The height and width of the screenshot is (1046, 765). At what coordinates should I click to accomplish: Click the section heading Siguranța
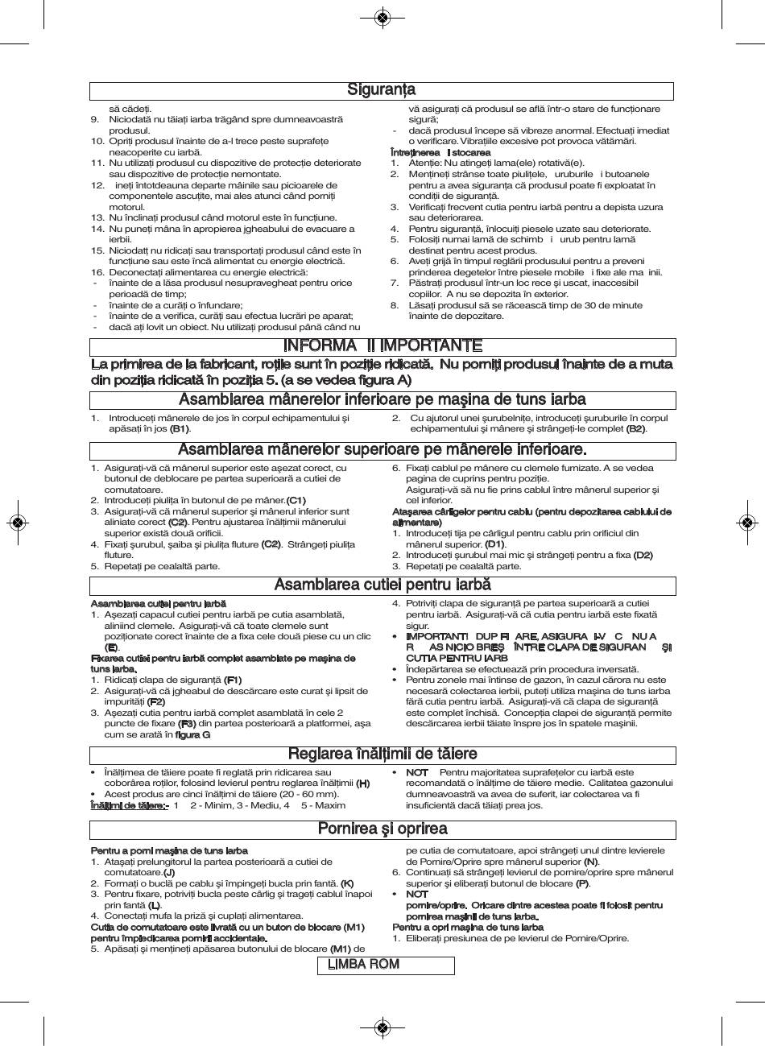[382, 90]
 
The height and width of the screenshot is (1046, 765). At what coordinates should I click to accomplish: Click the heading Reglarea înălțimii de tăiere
[382, 755]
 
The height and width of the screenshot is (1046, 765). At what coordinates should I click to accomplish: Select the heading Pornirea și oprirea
[382, 829]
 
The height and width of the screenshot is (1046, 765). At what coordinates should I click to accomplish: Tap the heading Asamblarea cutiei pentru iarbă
[382, 585]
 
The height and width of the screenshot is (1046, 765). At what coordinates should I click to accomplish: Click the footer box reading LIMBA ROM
[362, 965]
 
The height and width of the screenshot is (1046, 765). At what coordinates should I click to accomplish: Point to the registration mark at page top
[382, 18]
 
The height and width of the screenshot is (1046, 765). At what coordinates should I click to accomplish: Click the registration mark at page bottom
[382, 1027]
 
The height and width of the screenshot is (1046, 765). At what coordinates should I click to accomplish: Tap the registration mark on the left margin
[18, 522]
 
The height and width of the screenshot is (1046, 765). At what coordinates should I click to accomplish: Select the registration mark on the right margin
[746, 522]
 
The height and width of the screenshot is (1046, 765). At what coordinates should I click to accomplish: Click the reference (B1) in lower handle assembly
[180, 429]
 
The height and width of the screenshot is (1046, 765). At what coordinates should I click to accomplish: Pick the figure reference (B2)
[635, 429]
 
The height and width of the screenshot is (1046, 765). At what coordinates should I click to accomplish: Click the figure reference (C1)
[296, 501]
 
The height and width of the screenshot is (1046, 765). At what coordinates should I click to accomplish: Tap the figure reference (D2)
[643, 555]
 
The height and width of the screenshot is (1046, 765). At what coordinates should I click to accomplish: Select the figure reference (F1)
[233, 680]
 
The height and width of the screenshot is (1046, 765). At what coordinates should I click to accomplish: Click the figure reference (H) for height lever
[363, 783]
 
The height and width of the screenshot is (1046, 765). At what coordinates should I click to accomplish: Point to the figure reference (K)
[347, 883]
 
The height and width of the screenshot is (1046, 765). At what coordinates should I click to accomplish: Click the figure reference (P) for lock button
[582, 883]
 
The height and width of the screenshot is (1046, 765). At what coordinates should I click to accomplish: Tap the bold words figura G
[193, 734]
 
